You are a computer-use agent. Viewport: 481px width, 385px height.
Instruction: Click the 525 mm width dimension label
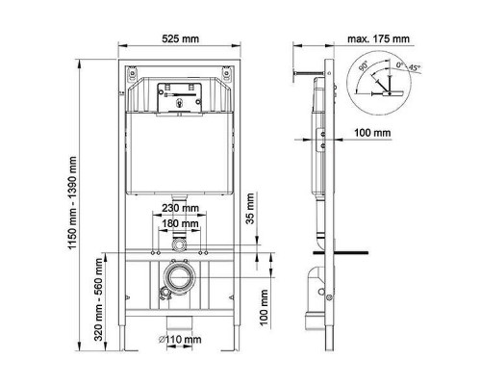click(180, 38)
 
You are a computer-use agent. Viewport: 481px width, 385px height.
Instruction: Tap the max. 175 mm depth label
click(378, 38)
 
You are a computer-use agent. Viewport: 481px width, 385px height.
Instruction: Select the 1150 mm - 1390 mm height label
click(73, 203)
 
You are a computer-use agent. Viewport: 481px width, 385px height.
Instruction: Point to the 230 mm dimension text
click(180, 208)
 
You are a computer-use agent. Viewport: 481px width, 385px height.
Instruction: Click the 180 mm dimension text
click(180, 223)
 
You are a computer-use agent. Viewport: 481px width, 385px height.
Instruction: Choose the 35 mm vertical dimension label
click(250, 208)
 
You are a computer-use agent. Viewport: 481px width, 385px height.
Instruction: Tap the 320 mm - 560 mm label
click(98, 299)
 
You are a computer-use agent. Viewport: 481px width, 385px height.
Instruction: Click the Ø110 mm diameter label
click(180, 339)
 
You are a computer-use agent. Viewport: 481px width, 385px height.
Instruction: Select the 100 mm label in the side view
click(372, 133)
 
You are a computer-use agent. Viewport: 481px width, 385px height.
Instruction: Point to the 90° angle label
click(363, 67)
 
